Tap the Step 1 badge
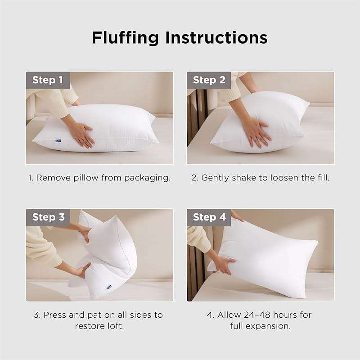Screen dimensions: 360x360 (47, 81)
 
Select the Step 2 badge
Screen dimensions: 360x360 (209, 81)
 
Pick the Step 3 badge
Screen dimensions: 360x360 (48, 217)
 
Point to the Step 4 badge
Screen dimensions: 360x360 (209, 217)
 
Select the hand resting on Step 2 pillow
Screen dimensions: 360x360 (256, 131)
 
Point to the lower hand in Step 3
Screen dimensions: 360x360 (81, 270)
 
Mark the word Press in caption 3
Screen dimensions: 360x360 (55, 315)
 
